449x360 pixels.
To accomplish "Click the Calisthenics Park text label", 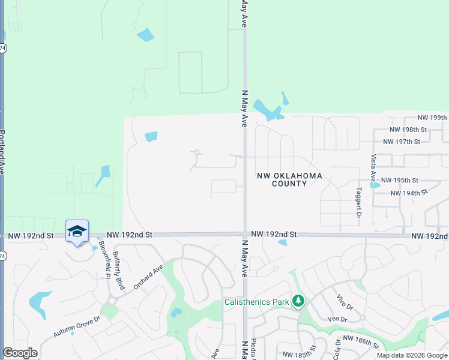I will click(x=256, y=301).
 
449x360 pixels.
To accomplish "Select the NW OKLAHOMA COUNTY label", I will click(x=289, y=179).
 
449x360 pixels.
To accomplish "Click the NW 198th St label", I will click(x=408, y=130).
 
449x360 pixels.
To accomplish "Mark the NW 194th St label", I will click(x=408, y=193).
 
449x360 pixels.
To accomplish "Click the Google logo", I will click(x=20, y=353).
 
